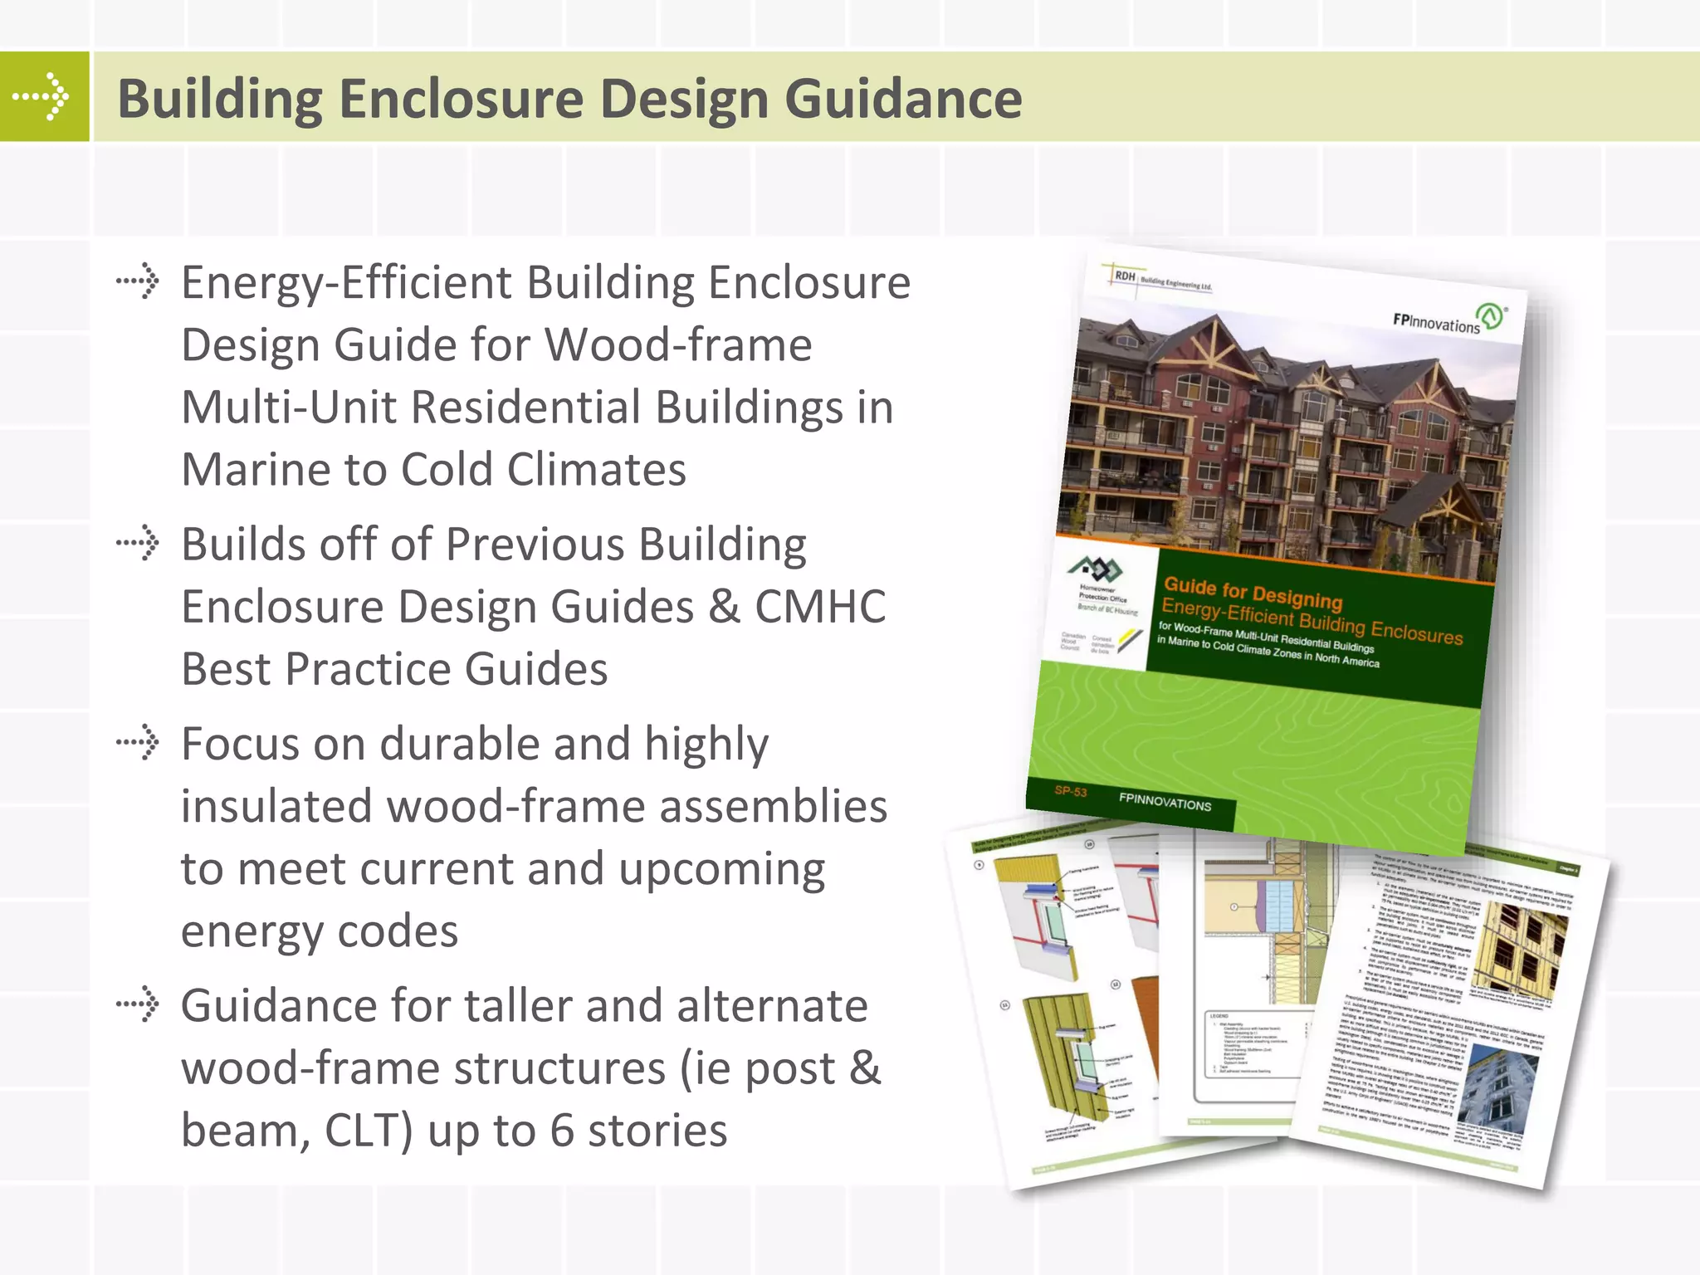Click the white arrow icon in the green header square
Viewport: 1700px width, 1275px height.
pos(43,96)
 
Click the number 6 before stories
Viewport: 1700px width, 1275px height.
pos(562,1131)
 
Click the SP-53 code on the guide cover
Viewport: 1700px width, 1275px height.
pos(1070,791)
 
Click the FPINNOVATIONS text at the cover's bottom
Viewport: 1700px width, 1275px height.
pos(1165,801)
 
